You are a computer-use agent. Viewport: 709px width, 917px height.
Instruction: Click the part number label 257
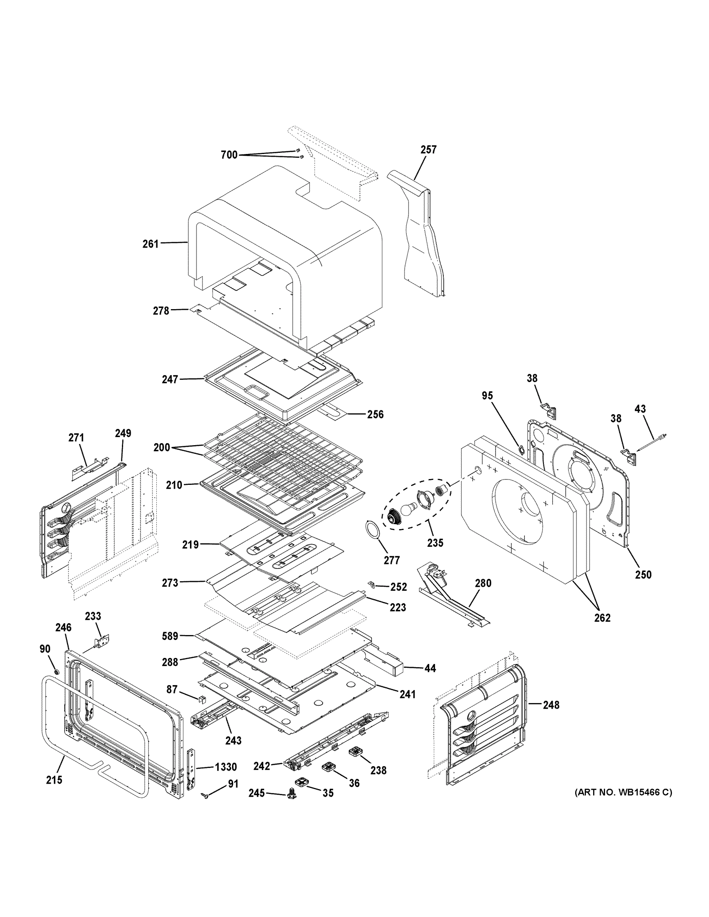[x=428, y=149]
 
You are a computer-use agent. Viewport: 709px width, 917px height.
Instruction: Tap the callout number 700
[x=229, y=155]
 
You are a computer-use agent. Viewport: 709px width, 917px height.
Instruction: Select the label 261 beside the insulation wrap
[x=150, y=243]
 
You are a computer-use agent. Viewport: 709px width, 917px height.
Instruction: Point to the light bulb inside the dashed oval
[x=407, y=509]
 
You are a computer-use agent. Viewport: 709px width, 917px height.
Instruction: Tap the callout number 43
[x=640, y=408]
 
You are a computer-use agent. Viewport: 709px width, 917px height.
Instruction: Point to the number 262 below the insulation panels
[x=602, y=617]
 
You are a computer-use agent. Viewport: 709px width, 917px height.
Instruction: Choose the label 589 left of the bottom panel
[x=170, y=636]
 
